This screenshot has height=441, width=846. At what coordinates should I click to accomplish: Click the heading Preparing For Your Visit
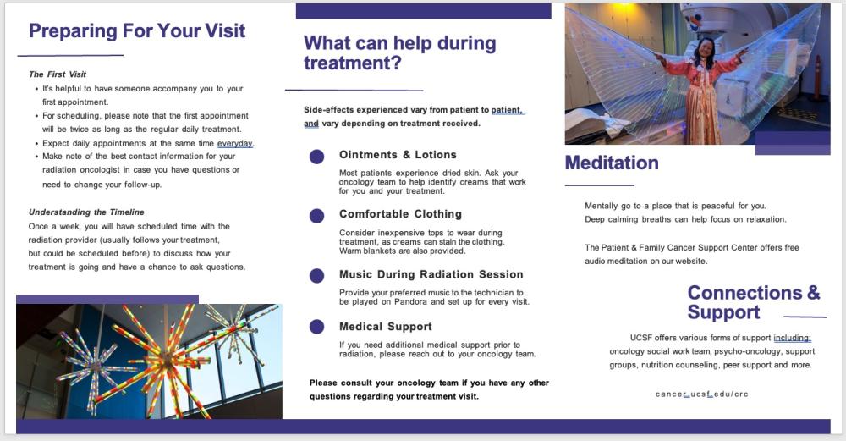[137, 31]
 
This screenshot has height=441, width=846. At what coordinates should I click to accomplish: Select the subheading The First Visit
[58, 74]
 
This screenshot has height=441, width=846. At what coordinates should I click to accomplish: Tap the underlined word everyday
[235, 143]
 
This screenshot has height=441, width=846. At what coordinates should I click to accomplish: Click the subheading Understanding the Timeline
[86, 212]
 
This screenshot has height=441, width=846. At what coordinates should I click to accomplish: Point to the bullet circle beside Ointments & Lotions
[316, 157]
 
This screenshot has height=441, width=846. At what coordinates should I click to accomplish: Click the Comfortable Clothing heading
[400, 214]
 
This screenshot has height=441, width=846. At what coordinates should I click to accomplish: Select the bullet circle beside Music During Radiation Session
[316, 275]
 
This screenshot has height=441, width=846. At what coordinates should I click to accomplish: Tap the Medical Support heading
[385, 327]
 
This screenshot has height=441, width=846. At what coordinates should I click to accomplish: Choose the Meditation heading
[612, 163]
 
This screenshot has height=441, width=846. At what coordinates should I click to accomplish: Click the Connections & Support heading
[753, 302]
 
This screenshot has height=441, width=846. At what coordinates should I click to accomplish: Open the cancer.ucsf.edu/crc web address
[702, 394]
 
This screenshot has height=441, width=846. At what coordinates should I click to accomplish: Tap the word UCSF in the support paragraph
[644, 338]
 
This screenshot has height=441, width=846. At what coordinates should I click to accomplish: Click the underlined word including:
[792, 338]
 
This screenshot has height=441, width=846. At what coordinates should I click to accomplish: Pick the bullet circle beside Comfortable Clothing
[316, 216]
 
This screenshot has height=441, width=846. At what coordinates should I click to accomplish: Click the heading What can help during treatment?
[399, 52]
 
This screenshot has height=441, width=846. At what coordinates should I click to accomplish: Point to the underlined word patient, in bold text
[508, 110]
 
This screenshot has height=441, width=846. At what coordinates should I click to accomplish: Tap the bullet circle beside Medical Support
[316, 327]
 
